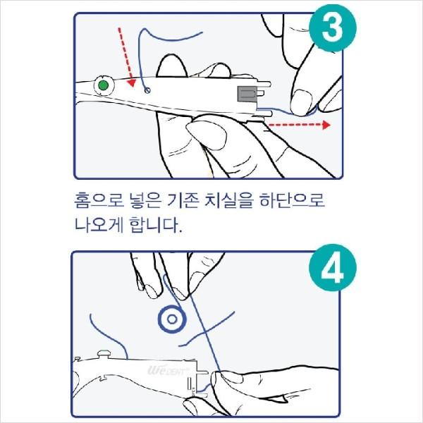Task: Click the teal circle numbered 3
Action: [x=333, y=28]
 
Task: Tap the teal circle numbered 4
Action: [x=333, y=268]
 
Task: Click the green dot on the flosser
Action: [x=104, y=85]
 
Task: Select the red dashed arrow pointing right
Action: [x=300, y=125]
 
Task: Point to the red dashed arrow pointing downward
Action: [x=126, y=56]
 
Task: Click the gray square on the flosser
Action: [x=247, y=94]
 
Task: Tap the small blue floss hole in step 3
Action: [x=147, y=90]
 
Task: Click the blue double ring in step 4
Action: [x=172, y=319]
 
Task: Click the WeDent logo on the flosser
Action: [x=168, y=370]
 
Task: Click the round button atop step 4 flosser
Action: [x=104, y=354]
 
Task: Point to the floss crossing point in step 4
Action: [x=205, y=331]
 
